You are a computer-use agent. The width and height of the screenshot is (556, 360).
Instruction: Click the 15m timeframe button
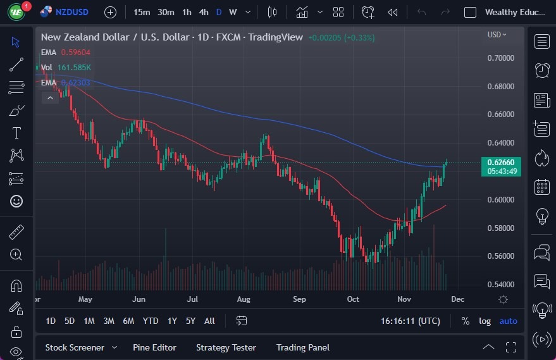(x=142, y=12)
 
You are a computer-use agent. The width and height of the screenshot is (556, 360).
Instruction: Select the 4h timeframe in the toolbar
(x=203, y=12)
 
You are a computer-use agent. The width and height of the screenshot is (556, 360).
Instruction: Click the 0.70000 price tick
(x=500, y=58)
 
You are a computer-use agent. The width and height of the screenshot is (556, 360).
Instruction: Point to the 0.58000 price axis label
(x=500, y=228)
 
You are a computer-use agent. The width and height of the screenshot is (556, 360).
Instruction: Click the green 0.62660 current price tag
(x=500, y=162)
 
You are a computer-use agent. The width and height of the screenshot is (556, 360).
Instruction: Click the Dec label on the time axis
(x=457, y=299)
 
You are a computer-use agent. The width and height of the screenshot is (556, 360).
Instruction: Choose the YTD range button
(x=151, y=321)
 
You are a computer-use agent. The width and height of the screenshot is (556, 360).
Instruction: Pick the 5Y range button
(x=190, y=321)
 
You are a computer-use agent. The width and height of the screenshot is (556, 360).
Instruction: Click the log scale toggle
(x=485, y=321)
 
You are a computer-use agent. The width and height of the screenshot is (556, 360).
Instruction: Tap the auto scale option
(x=508, y=321)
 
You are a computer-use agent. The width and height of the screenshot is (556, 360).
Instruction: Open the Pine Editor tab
(x=154, y=347)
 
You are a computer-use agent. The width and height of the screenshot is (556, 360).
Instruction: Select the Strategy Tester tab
(x=226, y=347)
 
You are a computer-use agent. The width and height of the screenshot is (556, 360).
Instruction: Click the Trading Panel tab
(x=303, y=347)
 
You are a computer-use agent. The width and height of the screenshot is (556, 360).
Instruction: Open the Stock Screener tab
(x=75, y=347)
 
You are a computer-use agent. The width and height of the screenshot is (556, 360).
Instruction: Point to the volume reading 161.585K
(x=75, y=67)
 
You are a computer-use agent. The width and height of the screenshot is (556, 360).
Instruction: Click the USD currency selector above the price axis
(x=497, y=35)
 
